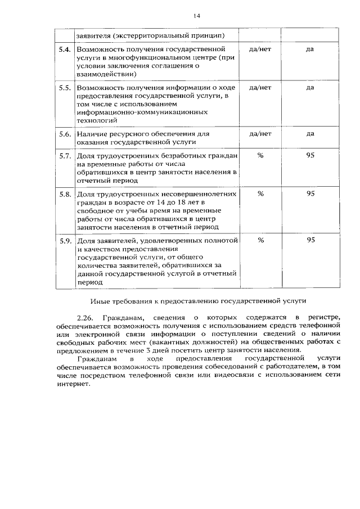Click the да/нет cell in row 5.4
click(260, 49)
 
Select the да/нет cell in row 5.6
click(260, 134)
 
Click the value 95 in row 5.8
click(310, 193)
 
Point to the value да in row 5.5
click(310, 88)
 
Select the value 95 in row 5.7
click(310, 155)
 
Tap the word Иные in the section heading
click(101, 300)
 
